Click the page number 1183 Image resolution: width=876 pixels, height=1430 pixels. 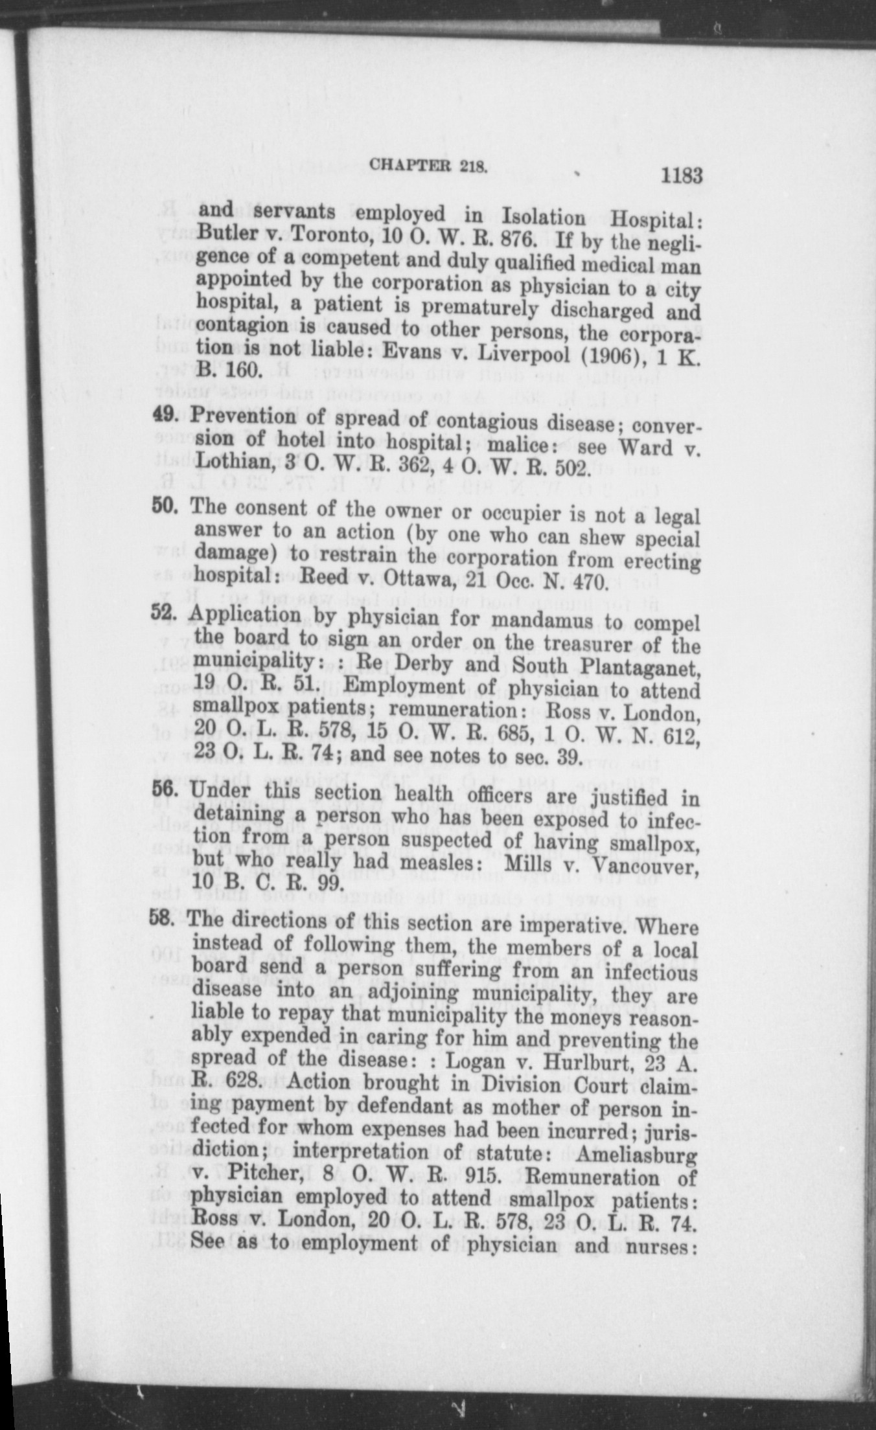point(682,176)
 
